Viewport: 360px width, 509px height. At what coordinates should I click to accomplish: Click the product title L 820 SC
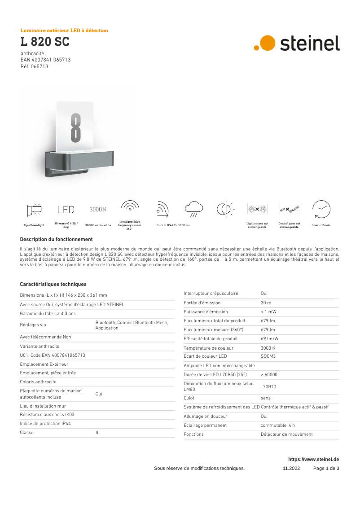(44, 42)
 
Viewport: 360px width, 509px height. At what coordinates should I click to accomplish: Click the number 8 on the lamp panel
(76, 127)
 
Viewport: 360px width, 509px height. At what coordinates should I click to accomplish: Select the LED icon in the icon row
(66, 210)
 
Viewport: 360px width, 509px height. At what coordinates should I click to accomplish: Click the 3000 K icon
(98, 210)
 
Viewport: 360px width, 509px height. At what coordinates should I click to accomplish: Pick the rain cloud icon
(194, 209)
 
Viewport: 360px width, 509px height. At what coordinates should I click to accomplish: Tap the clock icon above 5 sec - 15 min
(321, 209)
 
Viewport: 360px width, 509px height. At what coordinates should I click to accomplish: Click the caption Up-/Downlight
(34, 225)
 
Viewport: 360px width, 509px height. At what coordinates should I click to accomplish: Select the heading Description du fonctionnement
(56, 240)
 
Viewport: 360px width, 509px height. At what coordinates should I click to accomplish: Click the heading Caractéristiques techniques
(53, 284)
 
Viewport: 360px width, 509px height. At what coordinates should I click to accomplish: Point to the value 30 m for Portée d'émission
(266, 303)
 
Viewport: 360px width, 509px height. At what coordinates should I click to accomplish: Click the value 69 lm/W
(269, 339)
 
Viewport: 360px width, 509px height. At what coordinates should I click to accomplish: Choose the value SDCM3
(268, 356)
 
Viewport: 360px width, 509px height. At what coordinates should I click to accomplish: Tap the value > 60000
(269, 374)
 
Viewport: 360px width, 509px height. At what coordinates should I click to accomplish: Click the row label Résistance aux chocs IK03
(47, 415)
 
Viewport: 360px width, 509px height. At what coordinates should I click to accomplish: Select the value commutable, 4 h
(277, 425)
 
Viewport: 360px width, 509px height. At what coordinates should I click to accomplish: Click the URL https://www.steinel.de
(313, 459)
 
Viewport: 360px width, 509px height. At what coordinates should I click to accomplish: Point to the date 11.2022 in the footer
(291, 468)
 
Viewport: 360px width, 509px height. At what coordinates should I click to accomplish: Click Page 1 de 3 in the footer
(326, 468)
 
